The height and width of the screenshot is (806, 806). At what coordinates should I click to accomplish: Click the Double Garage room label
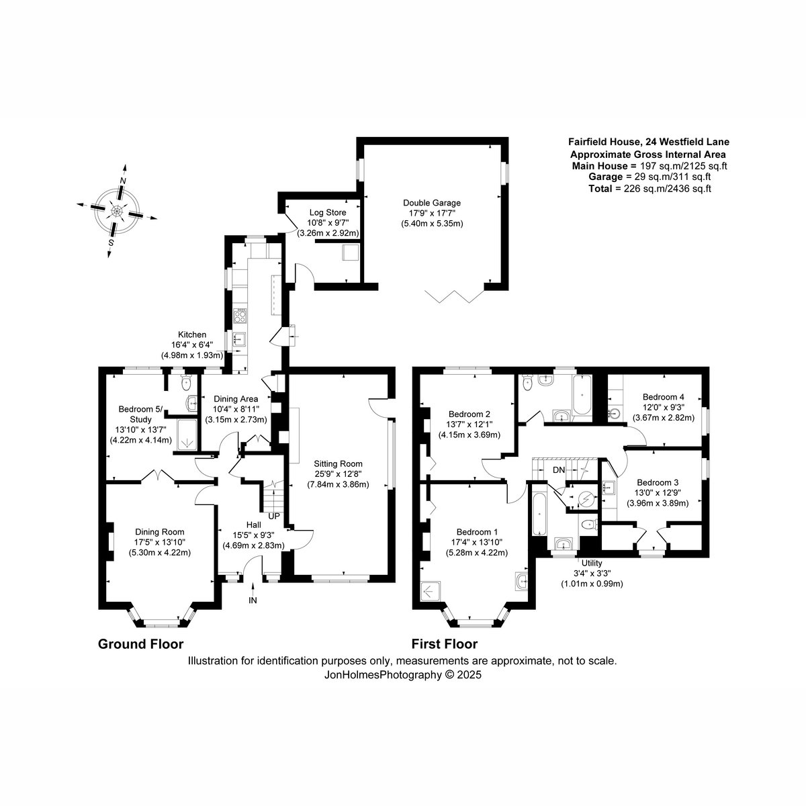tap(432, 203)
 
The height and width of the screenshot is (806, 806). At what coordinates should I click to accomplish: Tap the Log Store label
tap(328, 212)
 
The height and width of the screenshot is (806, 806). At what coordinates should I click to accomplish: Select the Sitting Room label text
tap(338, 464)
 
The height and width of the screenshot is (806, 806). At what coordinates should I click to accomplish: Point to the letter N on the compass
tap(123, 181)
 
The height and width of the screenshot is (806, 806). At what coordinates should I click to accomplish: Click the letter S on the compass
tap(111, 242)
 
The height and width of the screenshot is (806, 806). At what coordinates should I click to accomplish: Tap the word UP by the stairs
tap(274, 517)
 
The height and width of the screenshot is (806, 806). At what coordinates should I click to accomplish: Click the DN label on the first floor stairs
tap(559, 470)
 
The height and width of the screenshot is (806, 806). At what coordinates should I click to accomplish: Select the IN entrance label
tap(253, 600)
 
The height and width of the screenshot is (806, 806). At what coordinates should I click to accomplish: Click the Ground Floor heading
tap(140, 644)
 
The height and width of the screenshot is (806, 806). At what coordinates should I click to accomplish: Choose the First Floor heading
tap(445, 644)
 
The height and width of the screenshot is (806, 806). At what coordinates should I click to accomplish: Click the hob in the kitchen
tap(240, 316)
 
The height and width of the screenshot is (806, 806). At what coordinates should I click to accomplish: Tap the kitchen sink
tap(240, 339)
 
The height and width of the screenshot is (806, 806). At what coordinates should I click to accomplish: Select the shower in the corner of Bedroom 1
tap(429, 592)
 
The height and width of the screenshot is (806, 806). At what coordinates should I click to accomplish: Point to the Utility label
tap(592, 564)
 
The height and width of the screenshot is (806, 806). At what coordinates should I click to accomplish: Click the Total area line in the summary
tap(650, 189)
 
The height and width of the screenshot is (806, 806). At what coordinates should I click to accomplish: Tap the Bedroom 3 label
tap(657, 482)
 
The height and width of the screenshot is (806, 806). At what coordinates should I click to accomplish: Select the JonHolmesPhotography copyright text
tap(403, 674)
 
